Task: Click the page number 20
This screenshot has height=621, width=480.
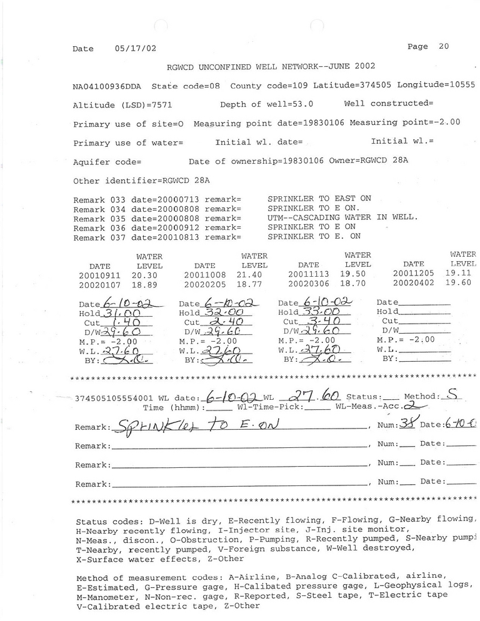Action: point(444,46)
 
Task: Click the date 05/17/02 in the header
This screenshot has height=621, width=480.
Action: point(136,48)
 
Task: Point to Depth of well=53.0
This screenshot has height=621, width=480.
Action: point(266,104)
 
